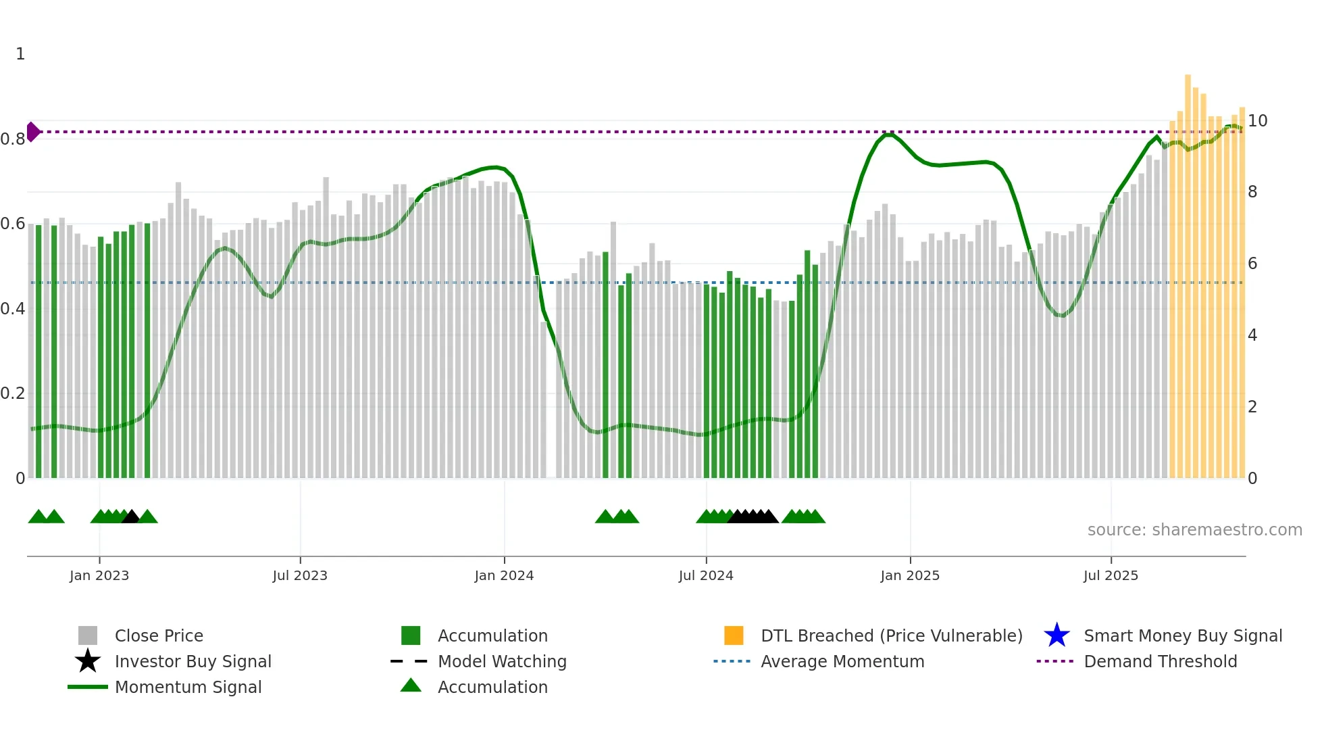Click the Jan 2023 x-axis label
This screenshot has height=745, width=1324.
pos(99,575)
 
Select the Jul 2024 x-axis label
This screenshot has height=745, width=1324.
pos(706,575)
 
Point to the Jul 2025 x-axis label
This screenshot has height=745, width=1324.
pos(1111,575)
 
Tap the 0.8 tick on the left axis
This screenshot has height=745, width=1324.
pos(13,139)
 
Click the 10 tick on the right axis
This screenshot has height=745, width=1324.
pos(1257,121)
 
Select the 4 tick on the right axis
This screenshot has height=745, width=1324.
pos(1252,335)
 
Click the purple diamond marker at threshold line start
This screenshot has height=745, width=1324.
pos(33,132)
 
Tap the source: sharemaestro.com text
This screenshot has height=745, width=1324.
pos(1194,530)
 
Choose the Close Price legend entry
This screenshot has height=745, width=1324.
pos(159,636)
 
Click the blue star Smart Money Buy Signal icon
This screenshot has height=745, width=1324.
pos(1056,635)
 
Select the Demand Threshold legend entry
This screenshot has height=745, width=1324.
pos(1160,662)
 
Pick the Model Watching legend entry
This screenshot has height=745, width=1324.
pos(502,662)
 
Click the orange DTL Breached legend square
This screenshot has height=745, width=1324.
pos(734,635)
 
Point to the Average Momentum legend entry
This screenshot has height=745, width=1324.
pos(842,662)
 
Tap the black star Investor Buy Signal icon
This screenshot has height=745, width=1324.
pos(88,661)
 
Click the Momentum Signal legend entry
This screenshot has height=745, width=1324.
pos(188,688)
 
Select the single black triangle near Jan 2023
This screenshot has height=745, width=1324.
pos(131,517)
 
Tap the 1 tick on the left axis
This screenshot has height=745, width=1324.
pos(20,54)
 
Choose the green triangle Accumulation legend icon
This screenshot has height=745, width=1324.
pos(411,686)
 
